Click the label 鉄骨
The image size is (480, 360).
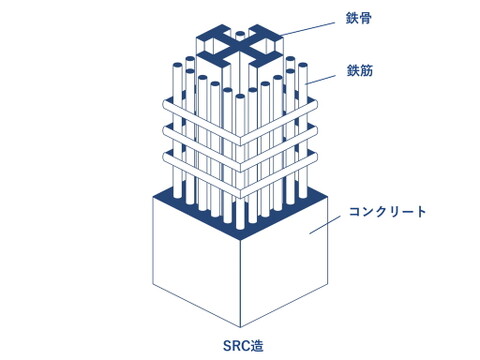click(359, 18)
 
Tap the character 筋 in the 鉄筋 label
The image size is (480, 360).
click(366, 70)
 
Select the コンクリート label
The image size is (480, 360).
click(388, 212)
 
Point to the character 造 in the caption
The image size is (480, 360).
click(257, 346)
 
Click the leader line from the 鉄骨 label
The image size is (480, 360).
click(308, 29)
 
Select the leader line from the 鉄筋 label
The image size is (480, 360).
click(321, 80)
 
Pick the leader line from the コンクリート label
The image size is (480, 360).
click(325, 224)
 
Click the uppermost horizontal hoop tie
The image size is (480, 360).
click(240, 122)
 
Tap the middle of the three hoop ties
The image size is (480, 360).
click(240, 148)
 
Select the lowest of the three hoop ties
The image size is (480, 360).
click(240, 174)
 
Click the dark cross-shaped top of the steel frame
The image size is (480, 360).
click(240, 46)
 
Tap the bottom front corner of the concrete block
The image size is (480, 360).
click(240, 327)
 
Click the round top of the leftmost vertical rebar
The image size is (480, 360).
click(178, 65)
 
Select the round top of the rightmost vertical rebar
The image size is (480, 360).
click(302, 65)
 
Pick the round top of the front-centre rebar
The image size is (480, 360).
click(240, 97)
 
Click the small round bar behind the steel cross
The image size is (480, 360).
click(240, 34)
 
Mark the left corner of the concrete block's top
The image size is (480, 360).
click(153, 196)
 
